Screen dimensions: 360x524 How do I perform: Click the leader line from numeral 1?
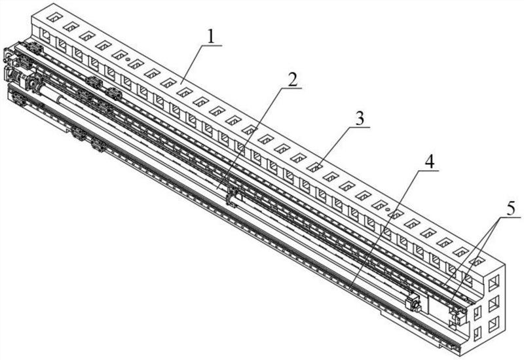(x=195, y=62)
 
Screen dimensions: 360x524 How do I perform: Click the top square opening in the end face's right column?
(x=494, y=281)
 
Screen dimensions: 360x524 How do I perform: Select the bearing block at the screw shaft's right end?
(x=413, y=303)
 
